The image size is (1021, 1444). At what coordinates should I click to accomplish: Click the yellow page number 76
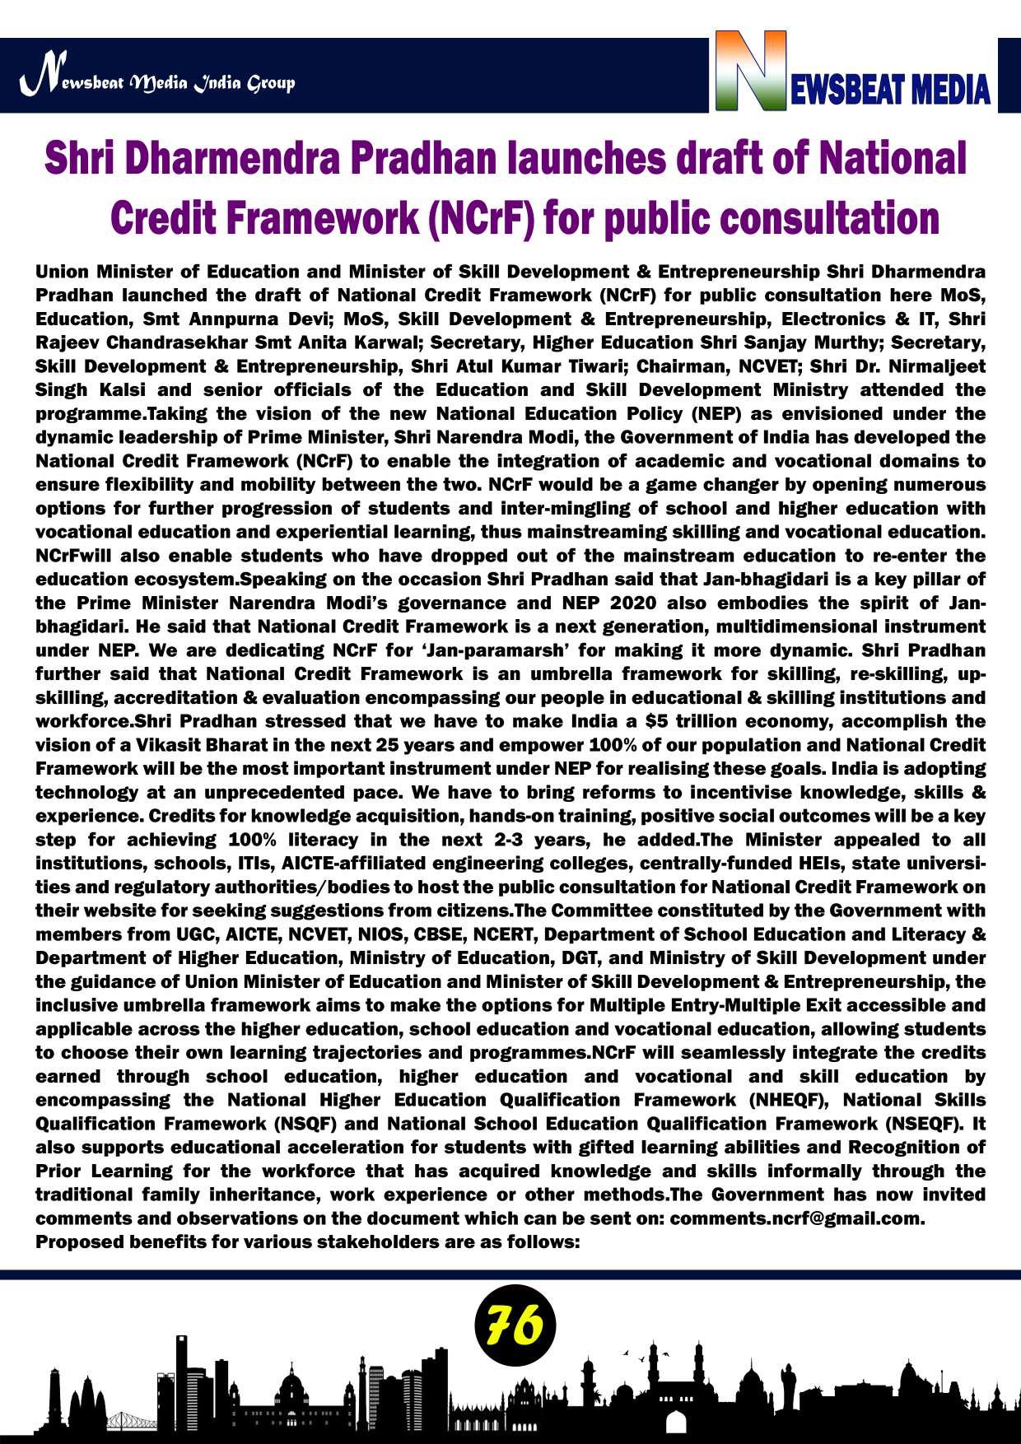pos(515,1325)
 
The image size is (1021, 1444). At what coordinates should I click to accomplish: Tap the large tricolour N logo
pos(750,71)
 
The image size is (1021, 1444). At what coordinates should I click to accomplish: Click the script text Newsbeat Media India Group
pos(156,82)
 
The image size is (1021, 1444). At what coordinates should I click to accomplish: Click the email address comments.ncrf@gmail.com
pos(796,1218)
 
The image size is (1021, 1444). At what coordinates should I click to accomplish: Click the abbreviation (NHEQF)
pos(790,1100)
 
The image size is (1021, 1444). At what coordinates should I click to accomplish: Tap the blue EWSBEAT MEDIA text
pos(890,89)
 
